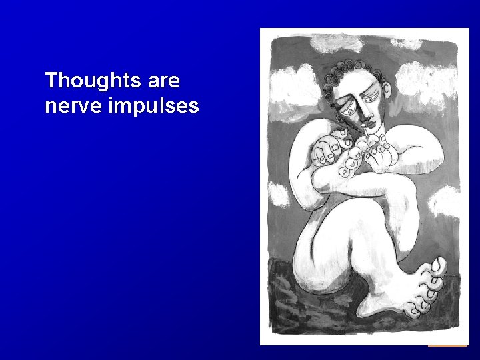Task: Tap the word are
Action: (x=161, y=81)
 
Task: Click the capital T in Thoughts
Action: (x=50, y=81)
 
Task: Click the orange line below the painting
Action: (x=447, y=345)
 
